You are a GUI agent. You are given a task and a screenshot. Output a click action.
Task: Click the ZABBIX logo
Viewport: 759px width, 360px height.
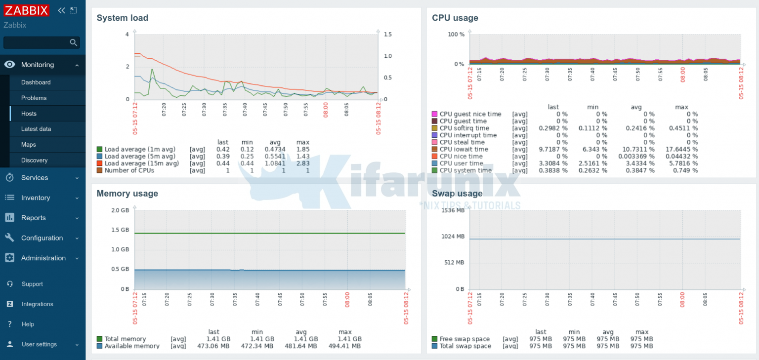click(27, 10)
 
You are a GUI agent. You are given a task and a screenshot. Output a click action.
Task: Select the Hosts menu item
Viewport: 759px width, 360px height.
click(29, 114)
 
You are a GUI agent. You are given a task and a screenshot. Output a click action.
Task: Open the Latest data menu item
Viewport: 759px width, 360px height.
click(36, 129)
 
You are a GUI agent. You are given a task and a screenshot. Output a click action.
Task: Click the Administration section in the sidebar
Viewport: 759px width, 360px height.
click(43, 258)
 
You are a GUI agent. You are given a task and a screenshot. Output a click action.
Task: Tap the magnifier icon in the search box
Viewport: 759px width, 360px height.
click(74, 42)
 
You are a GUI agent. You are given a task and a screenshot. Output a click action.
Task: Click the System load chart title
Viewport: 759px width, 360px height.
click(122, 18)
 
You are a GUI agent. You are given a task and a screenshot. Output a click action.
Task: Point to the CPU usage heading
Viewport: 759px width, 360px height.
click(455, 18)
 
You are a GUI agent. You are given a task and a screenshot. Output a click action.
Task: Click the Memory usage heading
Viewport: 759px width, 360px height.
click(127, 194)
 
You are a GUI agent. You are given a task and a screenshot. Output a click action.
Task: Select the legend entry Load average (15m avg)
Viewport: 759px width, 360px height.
click(141, 163)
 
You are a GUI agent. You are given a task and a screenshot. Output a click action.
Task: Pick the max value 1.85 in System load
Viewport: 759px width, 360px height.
click(302, 149)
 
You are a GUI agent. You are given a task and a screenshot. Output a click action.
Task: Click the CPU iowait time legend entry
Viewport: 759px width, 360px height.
click(464, 149)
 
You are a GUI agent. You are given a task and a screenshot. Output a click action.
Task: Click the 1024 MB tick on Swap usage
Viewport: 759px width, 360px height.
click(453, 237)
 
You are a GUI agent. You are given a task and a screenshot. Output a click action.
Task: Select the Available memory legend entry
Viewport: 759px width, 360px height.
click(132, 346)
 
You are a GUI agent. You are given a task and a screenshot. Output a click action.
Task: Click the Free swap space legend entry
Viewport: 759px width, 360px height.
click(464, 339)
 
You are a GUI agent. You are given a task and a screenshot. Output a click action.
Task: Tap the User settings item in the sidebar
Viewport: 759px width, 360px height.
click(39, 344)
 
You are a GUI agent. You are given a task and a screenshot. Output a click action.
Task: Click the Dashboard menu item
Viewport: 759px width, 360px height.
click(36, 82)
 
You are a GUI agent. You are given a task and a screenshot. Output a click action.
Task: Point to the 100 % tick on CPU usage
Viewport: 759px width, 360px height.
click(456, 35)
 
